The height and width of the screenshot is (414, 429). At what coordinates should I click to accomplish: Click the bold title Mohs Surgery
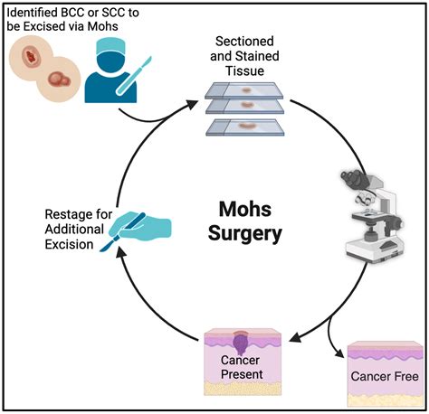point(244,221)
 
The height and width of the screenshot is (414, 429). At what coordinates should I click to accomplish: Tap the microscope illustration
point(374,217)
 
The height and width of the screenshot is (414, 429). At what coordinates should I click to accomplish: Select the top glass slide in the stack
point(244,90)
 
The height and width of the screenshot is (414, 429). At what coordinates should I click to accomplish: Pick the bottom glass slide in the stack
point(245,127)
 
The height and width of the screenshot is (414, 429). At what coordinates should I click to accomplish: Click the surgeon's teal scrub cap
point(110,48)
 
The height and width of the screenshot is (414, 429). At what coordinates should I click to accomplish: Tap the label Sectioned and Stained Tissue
point(244,56)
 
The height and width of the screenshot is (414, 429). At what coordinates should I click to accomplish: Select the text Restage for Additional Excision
point(78,230)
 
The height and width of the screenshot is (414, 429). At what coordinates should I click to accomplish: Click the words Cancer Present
point(242,367)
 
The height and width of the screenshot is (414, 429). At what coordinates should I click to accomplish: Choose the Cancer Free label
point(385,376)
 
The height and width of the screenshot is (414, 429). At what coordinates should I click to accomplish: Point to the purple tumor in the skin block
point(241,343)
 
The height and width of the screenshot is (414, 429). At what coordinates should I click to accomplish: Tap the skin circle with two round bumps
point(58,80)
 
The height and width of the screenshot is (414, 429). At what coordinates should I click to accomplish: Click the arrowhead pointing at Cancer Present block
point(295,337)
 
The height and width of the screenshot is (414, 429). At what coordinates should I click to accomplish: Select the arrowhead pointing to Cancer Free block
point(338,353)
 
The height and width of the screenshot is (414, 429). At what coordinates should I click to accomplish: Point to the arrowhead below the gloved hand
point(120,252)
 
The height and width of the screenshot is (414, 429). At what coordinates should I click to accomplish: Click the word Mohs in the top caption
point(102,26)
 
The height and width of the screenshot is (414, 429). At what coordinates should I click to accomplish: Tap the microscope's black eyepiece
point(353,176)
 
